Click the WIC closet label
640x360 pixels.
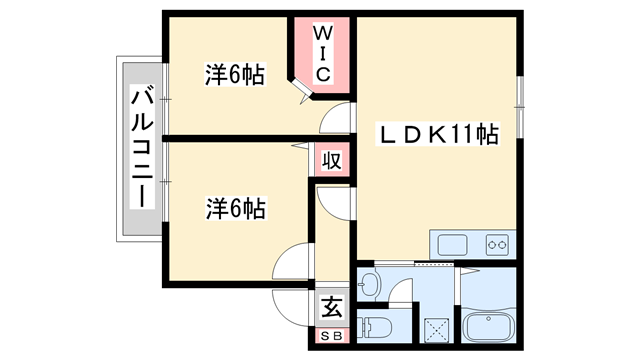323,52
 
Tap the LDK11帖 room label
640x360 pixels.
438,134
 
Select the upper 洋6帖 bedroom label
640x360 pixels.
235,75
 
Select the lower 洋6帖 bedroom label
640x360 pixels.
235,209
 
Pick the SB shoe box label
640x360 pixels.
331,336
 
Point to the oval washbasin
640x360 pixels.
369,284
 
